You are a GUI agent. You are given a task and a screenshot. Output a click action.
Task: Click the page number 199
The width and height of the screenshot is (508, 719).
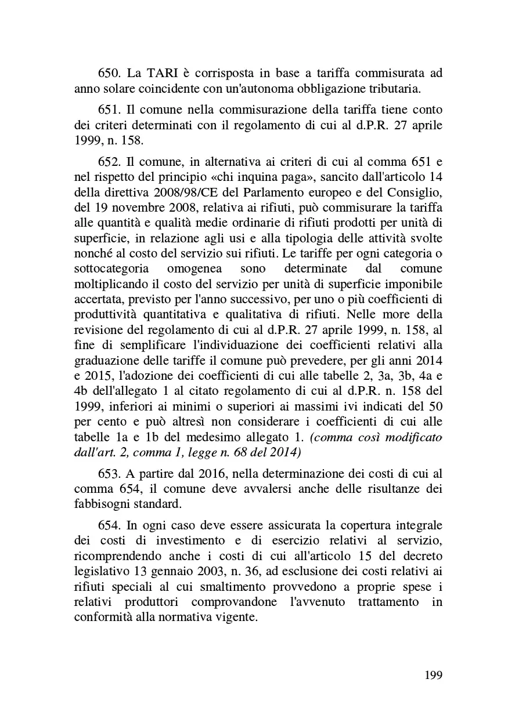433,676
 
